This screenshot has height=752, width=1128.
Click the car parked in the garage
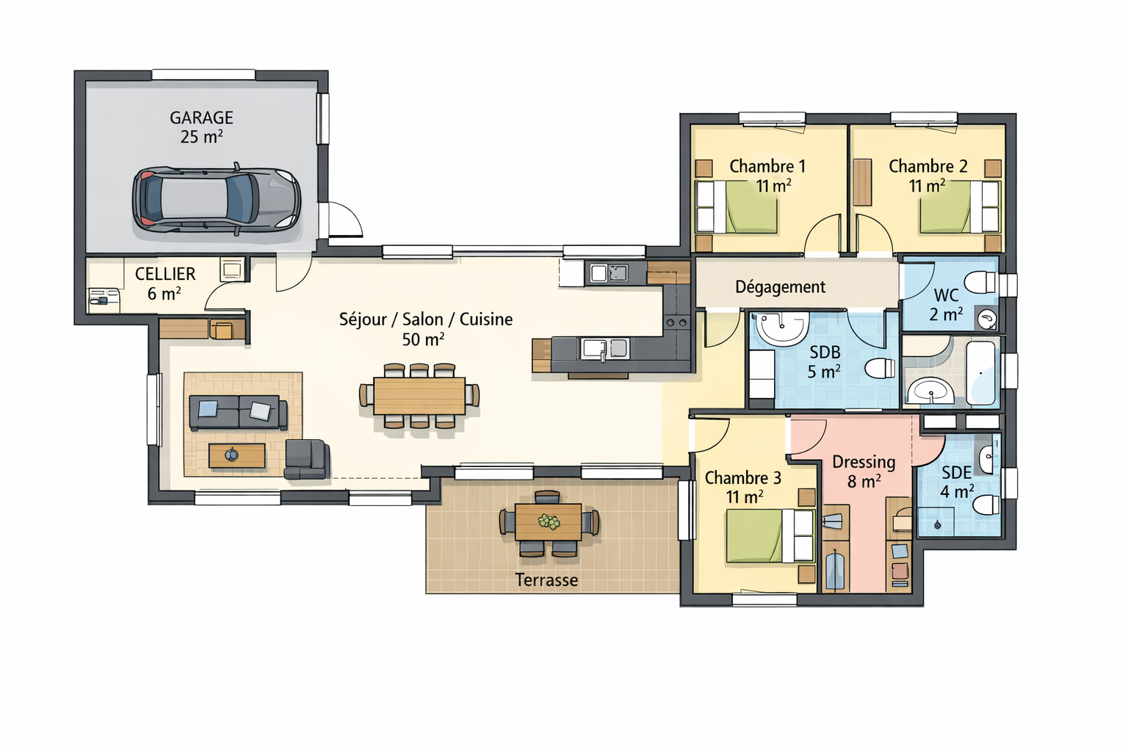(217, 200)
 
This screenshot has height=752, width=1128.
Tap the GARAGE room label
(201, 117)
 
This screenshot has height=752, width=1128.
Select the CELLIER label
(165, 274)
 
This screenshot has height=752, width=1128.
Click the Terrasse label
(546, 580)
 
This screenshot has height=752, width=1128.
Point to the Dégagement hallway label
(780, 287)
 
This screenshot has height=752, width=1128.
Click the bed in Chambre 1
(737, 207)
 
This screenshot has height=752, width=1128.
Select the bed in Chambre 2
(960, 207)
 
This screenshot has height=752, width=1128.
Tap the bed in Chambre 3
(770, 536)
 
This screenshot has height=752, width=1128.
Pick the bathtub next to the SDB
(981, 373)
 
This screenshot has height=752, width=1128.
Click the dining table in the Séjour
(419, 396)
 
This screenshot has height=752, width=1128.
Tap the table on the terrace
(549, 522)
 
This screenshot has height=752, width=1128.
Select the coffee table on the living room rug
(236, 456)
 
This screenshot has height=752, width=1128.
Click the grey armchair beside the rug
(307, 459)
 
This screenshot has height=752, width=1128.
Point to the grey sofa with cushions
(238, 413)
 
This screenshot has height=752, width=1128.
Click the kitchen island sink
(605, 349)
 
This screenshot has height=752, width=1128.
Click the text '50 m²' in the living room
(423, 340)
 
